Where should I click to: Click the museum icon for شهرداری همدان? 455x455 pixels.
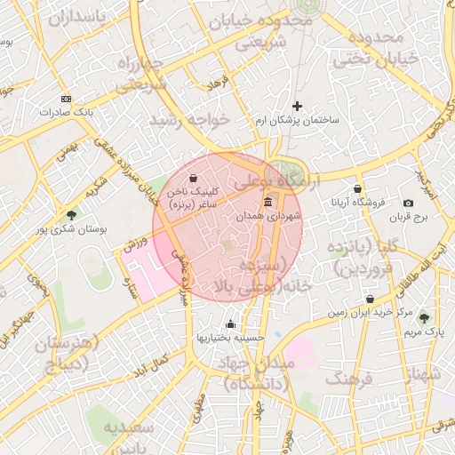pos(268,204)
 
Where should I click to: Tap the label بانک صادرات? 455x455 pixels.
pos(66,113)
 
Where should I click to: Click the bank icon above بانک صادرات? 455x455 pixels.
pos(66,99)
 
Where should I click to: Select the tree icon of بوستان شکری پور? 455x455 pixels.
pos(71,214)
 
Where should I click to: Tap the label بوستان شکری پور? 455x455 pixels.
pos(71,229)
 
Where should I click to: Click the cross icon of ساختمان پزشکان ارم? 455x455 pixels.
pos(297,106)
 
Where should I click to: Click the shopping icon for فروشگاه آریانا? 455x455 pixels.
pos(357,189)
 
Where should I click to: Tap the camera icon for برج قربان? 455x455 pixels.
pos(408,204)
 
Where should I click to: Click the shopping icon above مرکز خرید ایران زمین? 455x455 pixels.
pos(371,299)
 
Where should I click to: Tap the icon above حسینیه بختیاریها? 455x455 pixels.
pos(231,324)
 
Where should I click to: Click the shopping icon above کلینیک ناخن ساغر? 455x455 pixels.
pos(194,178)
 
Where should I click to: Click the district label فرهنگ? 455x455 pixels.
pos(349,379)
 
